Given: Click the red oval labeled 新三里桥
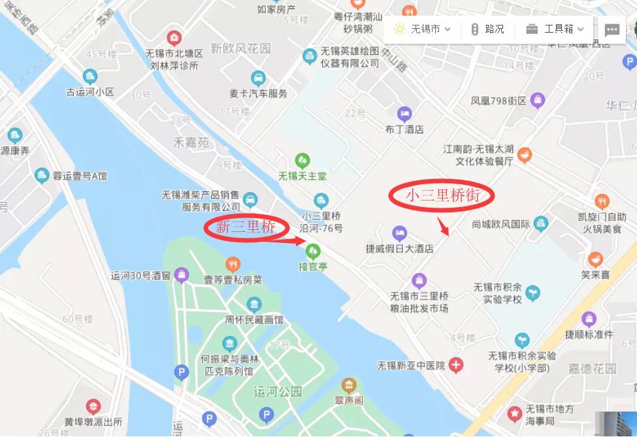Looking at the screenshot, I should point(246,227).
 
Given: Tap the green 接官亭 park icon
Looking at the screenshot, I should point(314,250).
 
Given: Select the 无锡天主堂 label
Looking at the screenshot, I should point(302,176).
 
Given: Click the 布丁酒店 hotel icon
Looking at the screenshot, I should point(404,114).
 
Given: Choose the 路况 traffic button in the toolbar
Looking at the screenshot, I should point(487,29).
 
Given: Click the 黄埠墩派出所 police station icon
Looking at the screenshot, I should point(93,407).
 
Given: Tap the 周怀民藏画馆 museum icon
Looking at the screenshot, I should point(253,304).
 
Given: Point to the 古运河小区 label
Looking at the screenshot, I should point(90,92).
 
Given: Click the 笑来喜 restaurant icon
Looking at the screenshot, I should point(595,259).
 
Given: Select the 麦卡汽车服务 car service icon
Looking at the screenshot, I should point(258,78).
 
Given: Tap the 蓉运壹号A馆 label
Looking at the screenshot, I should point(80,175).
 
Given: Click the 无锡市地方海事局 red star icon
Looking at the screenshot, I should point(515,413).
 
